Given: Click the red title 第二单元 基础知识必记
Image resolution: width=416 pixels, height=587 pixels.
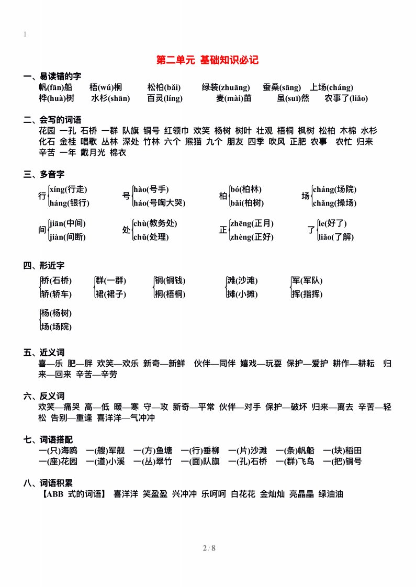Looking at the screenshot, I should (x=208, y=60).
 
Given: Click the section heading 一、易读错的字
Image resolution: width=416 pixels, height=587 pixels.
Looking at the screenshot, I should (x=52, y=76).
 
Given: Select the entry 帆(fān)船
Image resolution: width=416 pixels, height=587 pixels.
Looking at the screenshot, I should (x=55, y=87).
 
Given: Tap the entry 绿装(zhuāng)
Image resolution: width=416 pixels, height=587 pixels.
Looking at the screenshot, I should (x=226, y=87).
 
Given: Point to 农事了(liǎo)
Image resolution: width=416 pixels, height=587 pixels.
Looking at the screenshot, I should (x=346, y=98).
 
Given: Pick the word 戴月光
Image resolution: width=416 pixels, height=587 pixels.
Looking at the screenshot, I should (x=93, y=153).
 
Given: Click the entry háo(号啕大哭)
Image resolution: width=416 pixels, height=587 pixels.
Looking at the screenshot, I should (x=159, y=203).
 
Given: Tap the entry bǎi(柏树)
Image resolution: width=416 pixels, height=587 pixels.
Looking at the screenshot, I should (x=247, y=203).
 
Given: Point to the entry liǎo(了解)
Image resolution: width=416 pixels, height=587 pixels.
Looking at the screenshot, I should (x=336, y=237).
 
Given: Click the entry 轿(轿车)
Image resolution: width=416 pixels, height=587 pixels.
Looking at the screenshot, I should (x=57, y=294).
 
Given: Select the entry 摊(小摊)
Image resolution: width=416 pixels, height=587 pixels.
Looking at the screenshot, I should (x=242, y=294).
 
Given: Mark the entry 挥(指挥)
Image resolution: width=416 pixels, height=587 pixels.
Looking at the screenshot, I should (x=307, y=294).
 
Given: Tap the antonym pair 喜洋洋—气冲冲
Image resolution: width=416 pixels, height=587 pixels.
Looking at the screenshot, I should (x=126, y=418).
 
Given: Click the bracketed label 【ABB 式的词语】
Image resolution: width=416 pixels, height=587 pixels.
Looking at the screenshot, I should (x=74, y=493).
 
